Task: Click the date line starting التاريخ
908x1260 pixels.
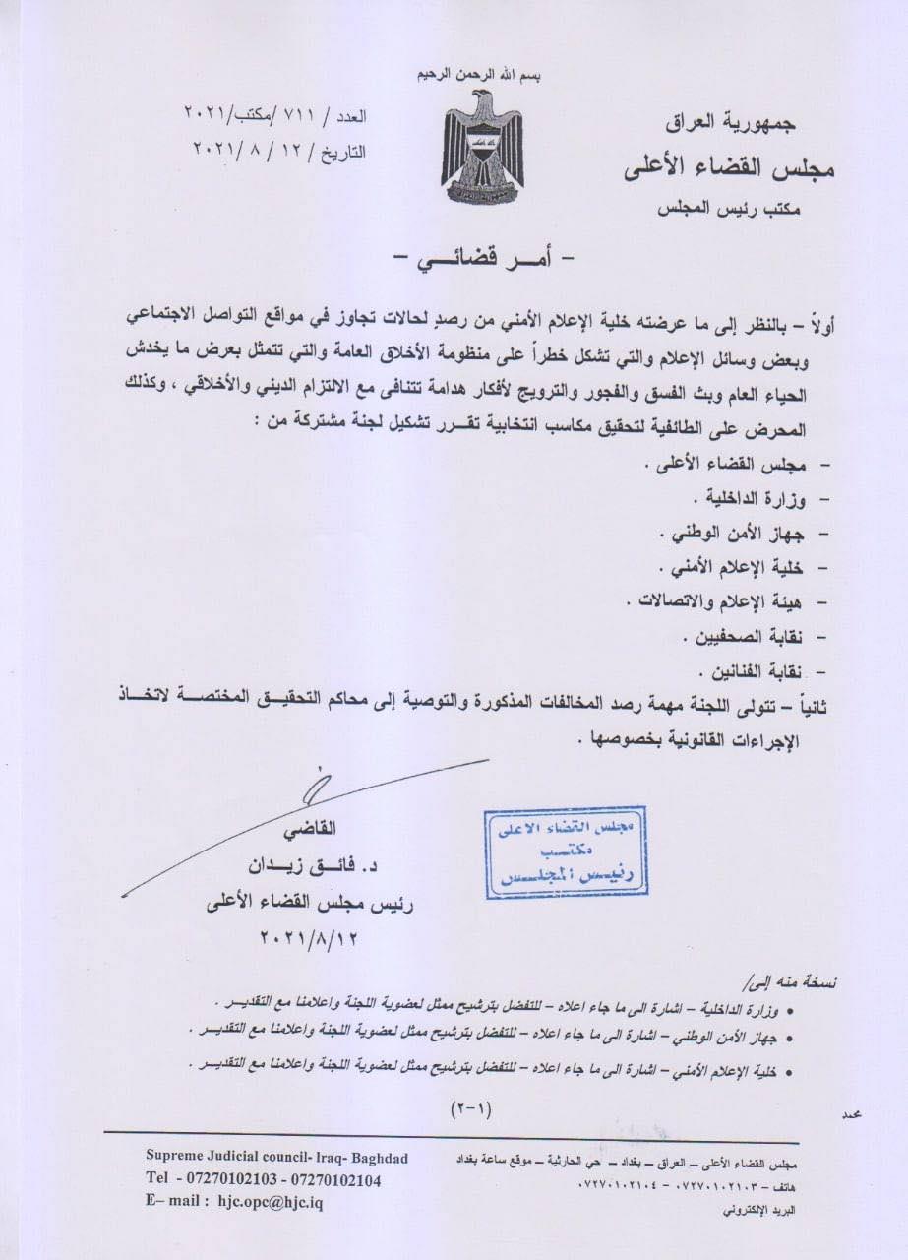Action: [x=278, y=151]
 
